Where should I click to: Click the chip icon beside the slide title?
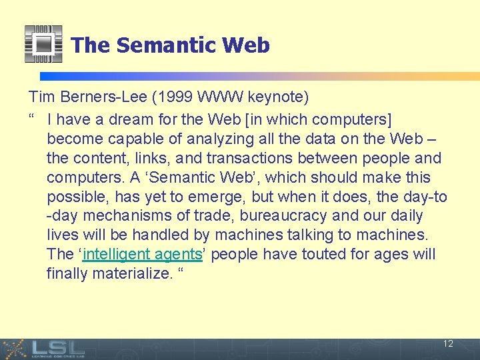(x=43, y=44)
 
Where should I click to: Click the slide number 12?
(x=448, y=344)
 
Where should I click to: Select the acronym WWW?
(x=219, y=97)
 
